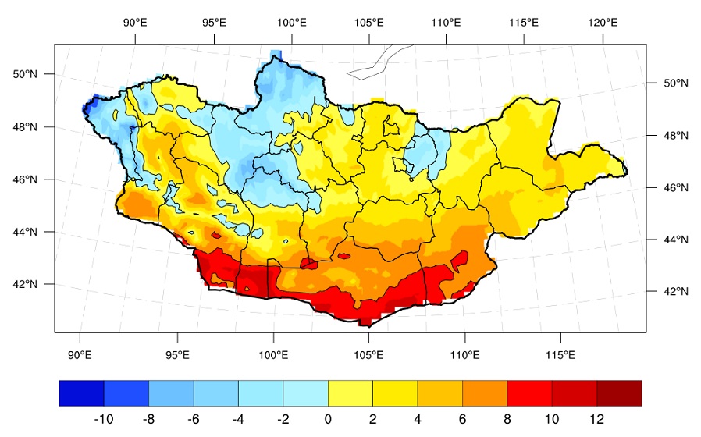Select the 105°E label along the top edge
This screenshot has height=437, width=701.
point(368,22)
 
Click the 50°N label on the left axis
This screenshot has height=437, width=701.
point(25,74)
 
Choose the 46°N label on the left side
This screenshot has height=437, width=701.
point(25,179)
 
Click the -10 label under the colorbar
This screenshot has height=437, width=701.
point(103,419)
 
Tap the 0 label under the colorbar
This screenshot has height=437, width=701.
point(328,419)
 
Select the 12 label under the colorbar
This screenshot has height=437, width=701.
point(597,419)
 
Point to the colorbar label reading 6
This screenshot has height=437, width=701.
point(462,419)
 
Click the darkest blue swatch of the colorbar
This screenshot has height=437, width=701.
point(81,393)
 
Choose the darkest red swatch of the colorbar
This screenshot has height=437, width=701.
point(619,393)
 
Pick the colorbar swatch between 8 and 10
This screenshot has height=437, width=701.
point(529,393)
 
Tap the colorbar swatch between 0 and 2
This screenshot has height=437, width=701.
point(350,393)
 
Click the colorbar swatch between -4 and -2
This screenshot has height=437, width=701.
point(260,393)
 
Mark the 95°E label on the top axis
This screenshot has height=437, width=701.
point(213,22)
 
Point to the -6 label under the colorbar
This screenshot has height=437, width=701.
point(193,419)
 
